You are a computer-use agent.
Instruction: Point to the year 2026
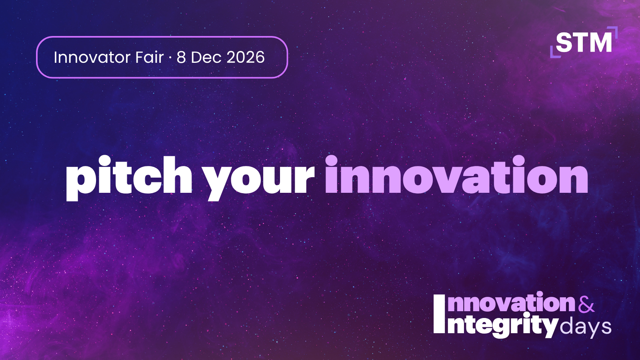246,58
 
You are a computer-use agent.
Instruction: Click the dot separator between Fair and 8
170,58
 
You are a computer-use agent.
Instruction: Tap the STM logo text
584,42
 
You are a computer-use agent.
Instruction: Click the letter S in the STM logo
564,42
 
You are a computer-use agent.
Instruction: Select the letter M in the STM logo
600,42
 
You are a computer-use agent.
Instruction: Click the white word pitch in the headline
129,178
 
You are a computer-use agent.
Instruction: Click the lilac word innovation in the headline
456,175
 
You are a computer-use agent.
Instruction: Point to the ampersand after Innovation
586,304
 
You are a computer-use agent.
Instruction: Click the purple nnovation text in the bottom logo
511,303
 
